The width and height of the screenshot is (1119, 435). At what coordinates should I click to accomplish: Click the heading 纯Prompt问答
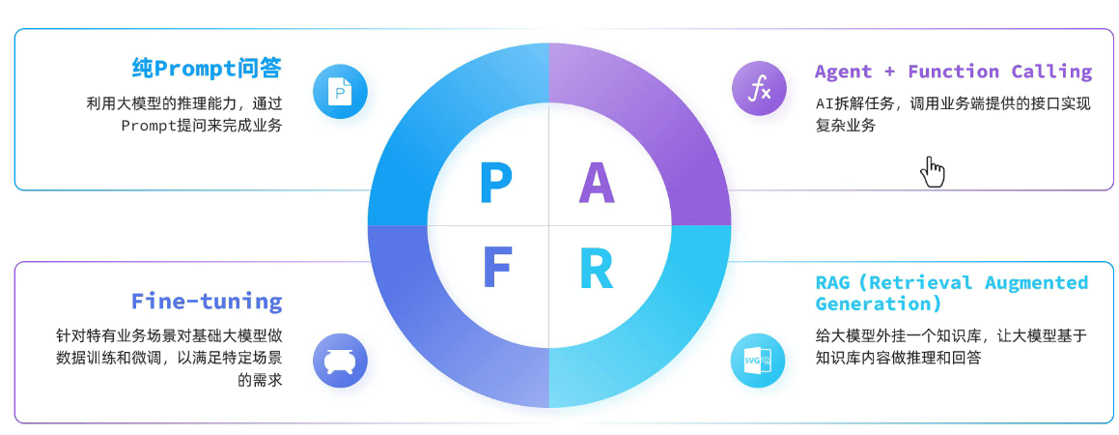click(207, 68)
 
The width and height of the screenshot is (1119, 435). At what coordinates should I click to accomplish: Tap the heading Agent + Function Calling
click(953, 72)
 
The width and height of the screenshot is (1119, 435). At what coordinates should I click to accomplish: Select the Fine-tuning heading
click(207, 301)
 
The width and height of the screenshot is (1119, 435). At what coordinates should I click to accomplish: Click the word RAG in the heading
click(833, 283)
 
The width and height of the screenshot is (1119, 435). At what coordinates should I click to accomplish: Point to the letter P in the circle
click(495, 185)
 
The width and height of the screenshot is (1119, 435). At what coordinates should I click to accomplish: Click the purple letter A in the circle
click(597, 185)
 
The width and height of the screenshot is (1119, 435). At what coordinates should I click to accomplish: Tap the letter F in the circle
click(496, 269)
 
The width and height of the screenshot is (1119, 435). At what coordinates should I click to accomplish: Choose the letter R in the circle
click(597, 269)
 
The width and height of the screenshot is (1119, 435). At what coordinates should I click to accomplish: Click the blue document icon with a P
click(340, 92)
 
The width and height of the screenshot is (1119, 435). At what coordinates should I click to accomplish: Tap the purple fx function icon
click(759, 89)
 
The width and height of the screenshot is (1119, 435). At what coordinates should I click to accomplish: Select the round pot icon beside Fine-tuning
click(340, 361)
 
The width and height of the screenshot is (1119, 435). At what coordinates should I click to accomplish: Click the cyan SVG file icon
click(759, 361)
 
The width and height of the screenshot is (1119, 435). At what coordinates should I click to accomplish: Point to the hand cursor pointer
click(932, 171)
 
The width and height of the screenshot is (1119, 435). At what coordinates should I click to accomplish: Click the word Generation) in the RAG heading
click(878, 304)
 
